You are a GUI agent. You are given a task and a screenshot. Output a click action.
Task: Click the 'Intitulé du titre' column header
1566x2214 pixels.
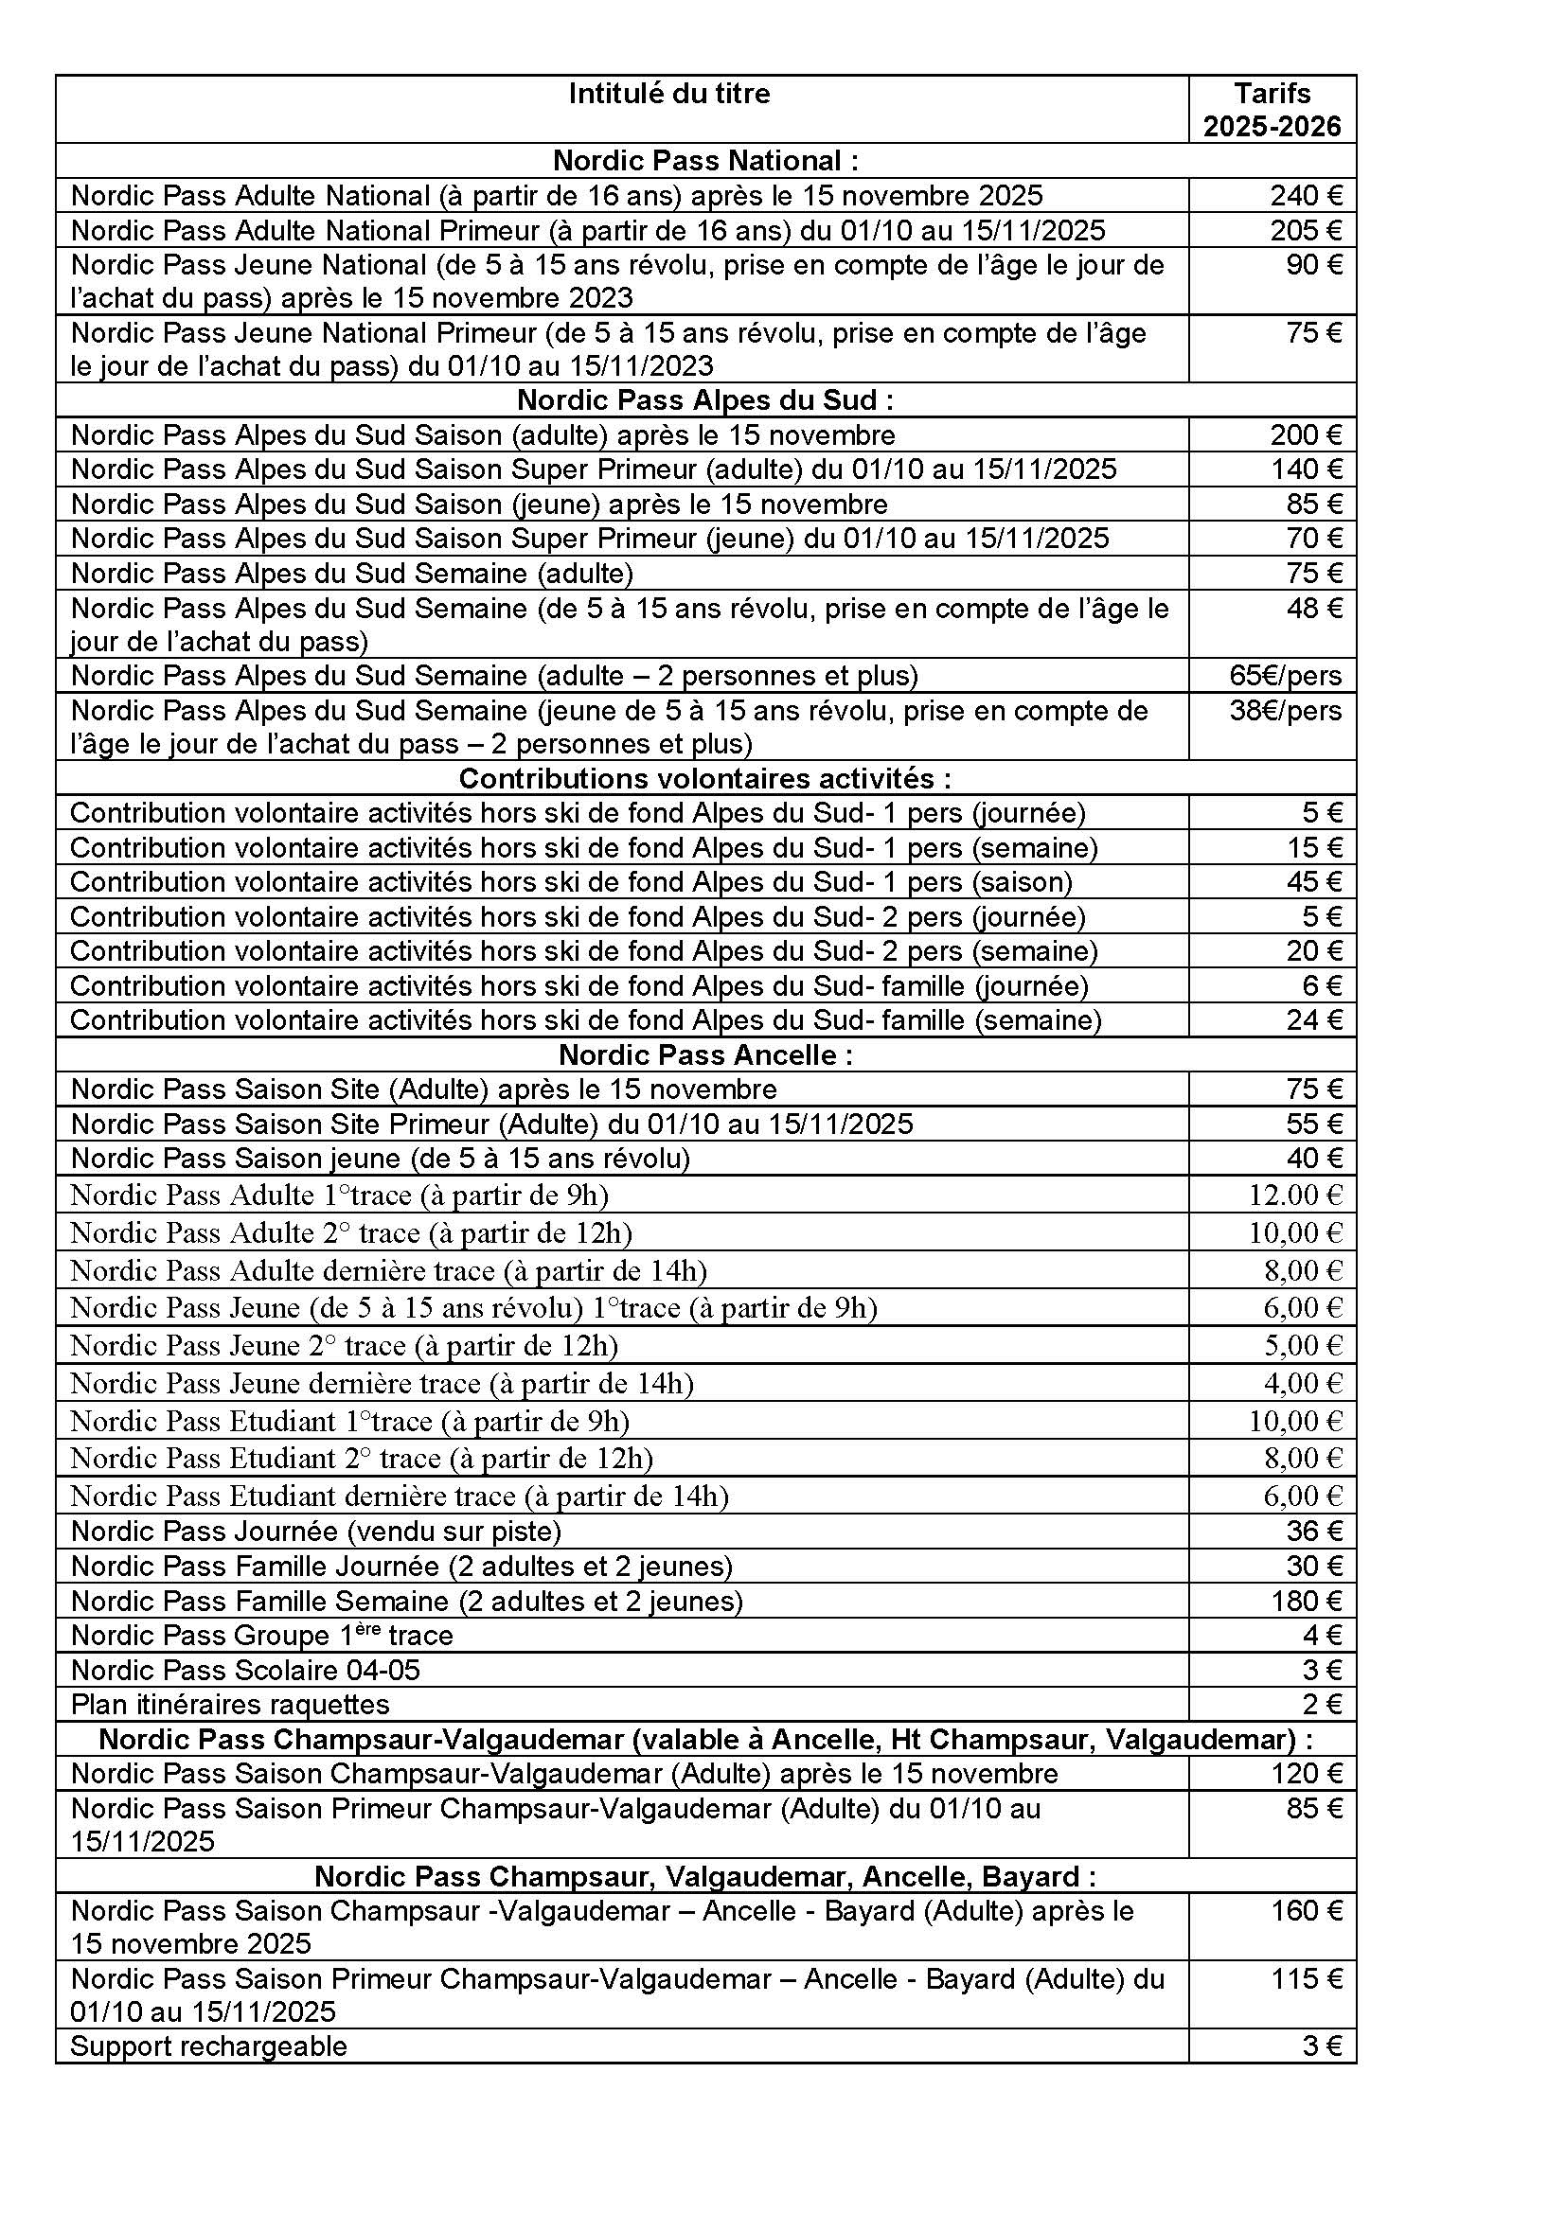tap(669, 94)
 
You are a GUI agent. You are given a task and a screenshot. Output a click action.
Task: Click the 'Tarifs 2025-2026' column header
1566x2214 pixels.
tap(1272, 110)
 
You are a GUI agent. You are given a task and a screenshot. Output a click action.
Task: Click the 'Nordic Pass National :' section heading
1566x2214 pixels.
tap(705, 160)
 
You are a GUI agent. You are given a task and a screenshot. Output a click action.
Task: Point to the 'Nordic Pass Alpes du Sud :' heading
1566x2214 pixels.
tap(705, 399)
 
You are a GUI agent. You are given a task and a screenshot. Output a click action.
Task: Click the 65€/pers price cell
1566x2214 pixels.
tap(1286, 675)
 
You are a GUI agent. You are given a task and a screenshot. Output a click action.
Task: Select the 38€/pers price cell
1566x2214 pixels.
tap(1286, 711)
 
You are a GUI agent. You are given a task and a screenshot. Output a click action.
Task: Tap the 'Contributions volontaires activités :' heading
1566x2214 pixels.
tap(705, 778)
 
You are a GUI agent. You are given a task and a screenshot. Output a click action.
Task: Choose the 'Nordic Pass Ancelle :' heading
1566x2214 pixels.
tap(705, 1054)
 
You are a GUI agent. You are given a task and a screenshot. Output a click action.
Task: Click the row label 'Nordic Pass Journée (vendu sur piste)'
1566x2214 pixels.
tap(316, 1532)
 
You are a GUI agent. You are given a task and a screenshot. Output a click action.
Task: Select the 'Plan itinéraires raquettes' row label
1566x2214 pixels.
tap(230, 1704)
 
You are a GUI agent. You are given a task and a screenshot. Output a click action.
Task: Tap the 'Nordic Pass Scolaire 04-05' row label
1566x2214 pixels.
tap(246, 1669)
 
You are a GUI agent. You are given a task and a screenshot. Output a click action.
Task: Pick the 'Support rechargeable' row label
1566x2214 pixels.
tap(208, 2046)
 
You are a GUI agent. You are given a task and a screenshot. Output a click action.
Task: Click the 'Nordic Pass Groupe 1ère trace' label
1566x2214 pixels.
tap(261, 1636)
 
